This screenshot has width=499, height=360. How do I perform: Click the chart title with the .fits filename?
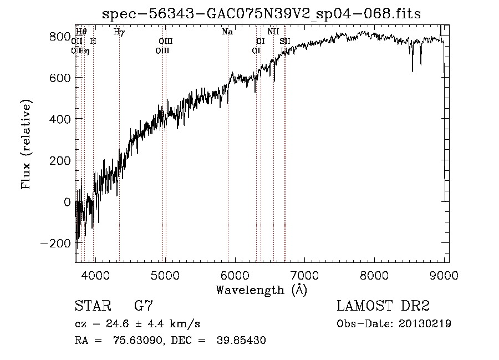tap(262, 14)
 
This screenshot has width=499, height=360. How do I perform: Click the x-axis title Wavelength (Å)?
tap(261, 290)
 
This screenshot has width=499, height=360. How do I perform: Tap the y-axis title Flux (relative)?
tap(26, 144)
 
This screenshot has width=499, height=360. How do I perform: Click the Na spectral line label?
tap(227, 32)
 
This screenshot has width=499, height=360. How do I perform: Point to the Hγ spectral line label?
tap(119, 32)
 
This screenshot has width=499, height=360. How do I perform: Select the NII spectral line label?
tap(273, 32)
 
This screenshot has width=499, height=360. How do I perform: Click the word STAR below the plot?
tap(91, 306)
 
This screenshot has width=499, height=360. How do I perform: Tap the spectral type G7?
tap(144, 306)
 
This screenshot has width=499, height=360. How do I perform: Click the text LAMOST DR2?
tap(383, 306)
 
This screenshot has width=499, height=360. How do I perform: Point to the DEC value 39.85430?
tap(242, 341)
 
